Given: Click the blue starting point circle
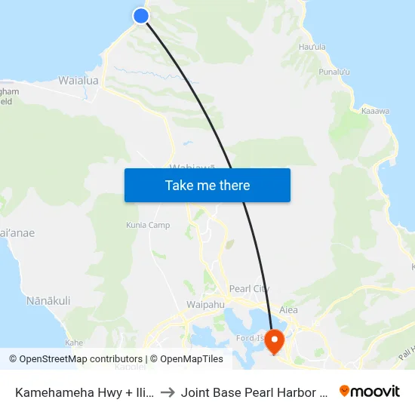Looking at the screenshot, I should click(140, 15).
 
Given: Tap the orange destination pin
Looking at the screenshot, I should click(274, 341).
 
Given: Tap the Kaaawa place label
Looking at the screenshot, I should click(375, 111).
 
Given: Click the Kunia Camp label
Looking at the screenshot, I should click(147, 225).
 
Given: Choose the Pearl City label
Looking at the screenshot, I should click(249, 289).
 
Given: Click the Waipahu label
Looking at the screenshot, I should click(201, 305).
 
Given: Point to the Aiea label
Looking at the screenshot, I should click(288, 309).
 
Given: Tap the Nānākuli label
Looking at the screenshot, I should click(48, 300).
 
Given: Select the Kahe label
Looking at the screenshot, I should click(74, 342).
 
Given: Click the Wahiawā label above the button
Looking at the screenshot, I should click(193, 167).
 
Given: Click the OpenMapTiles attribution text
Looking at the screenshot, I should click(186, 359).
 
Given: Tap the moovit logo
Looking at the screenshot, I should click(369, 391).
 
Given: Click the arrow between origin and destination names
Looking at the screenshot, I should click(168, 392).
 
